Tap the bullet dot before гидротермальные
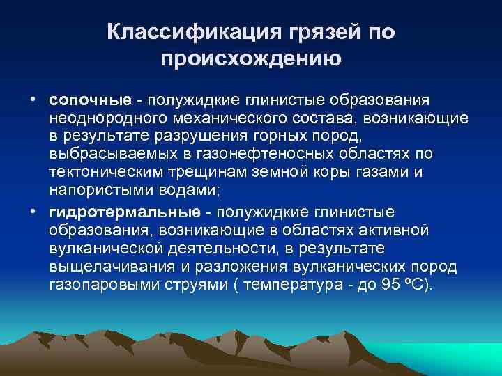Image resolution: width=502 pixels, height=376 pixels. [33, 211]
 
